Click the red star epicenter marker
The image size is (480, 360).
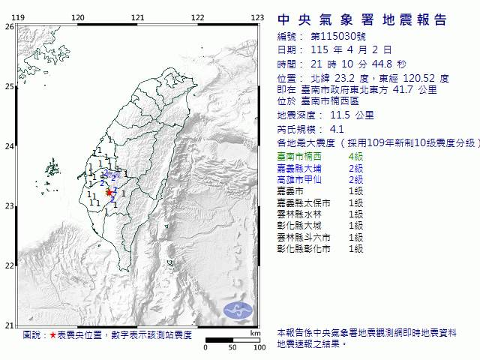[x=109, y=193]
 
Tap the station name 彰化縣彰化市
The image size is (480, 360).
[x=304, y=248]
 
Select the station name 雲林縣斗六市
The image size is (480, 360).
[x=304, y=237]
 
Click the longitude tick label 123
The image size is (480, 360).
[x=256, y=16]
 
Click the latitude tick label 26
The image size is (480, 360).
[x=9, y=26]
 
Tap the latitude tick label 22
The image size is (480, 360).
[x=9, y=265]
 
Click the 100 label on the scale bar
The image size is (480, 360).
[x=259, y=348]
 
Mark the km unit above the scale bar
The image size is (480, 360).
[x=256, y=332]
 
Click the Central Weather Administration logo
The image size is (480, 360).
[x=238, y=309]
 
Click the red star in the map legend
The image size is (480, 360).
[x=52, y=335]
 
